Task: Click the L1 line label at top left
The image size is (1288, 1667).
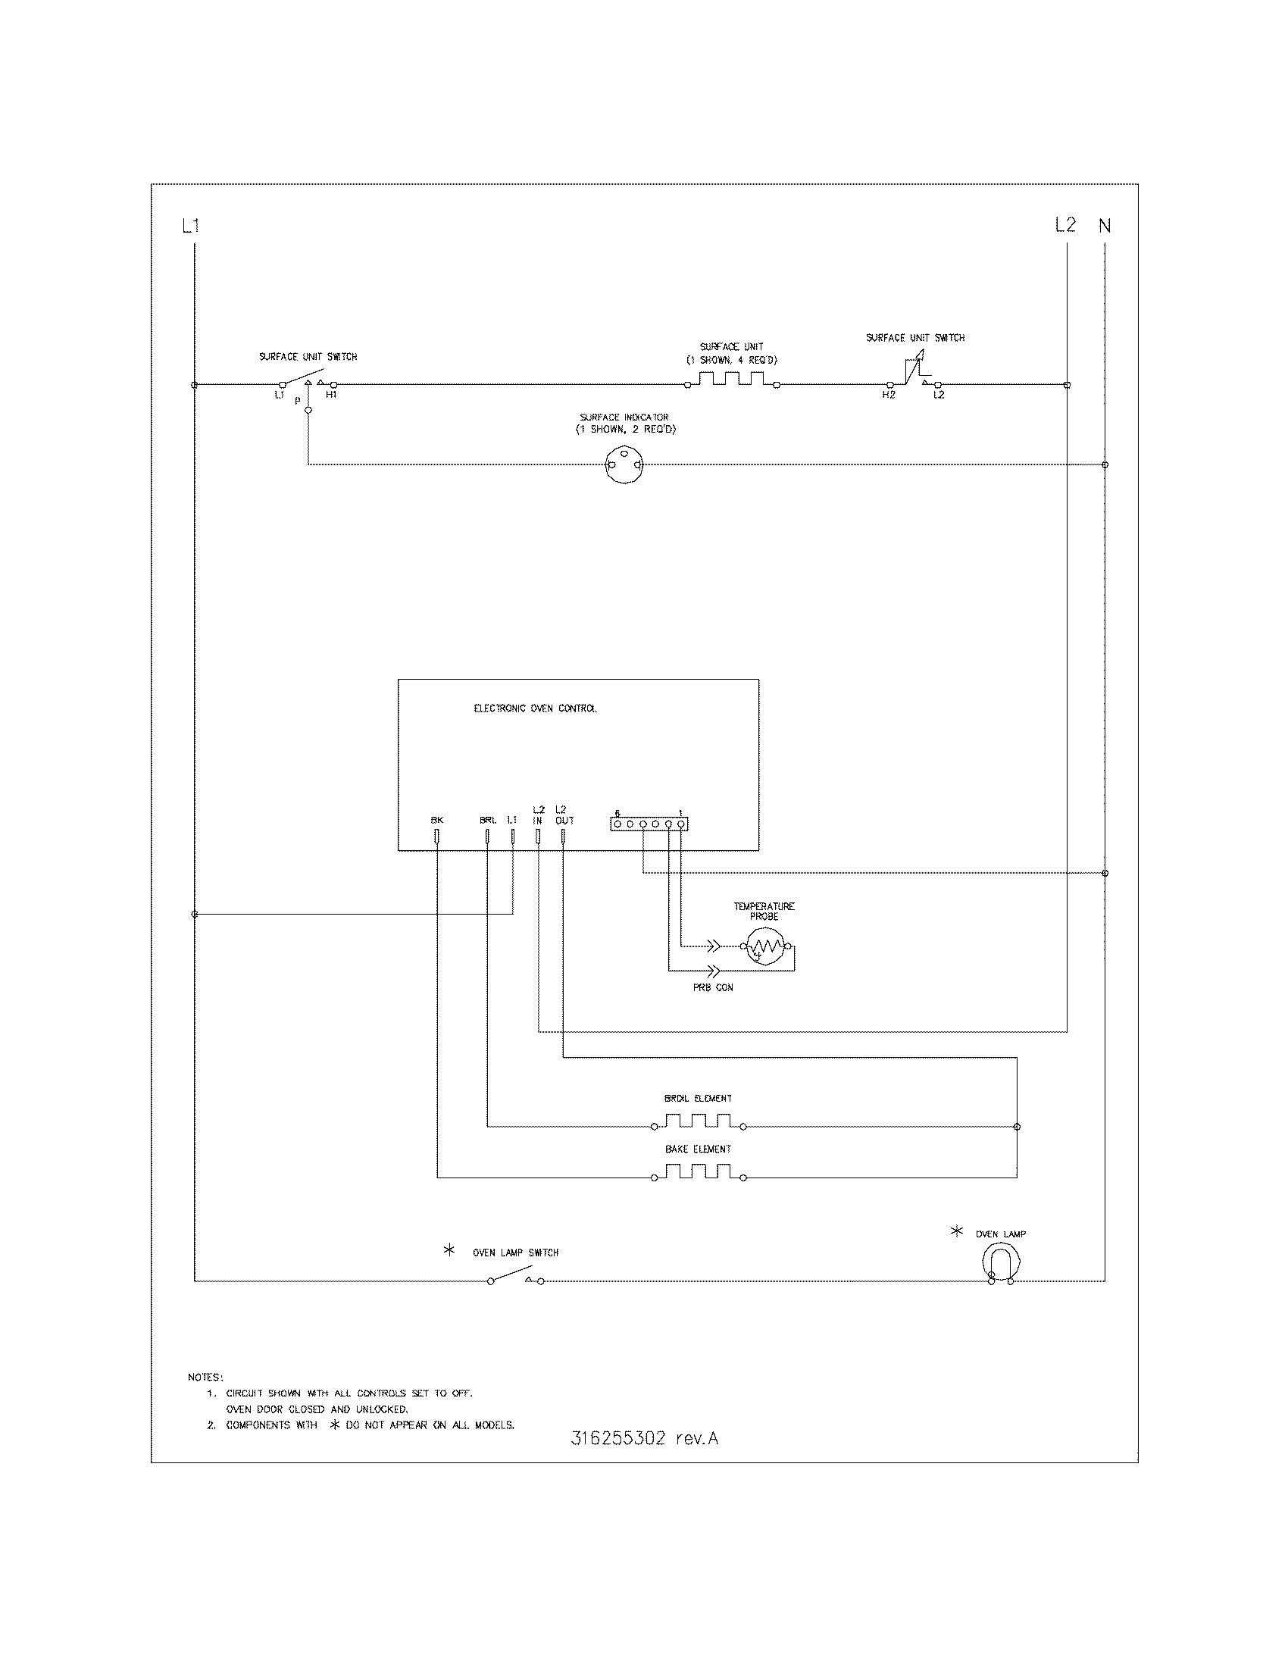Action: tap(190, 226)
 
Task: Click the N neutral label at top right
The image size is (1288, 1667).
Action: tap(1104, 226)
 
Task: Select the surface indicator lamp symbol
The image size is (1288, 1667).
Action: tap(624, 464)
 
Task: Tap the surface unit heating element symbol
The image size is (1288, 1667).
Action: tap(730, 380)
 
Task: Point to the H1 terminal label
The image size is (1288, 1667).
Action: tap(331, 395)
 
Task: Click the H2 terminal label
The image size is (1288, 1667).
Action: tap(888, 395)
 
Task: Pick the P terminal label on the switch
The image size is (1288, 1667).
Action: tap(298, 401)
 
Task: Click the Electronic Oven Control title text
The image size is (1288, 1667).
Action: tap(536, 708)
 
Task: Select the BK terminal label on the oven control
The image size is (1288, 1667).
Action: tap(436, 820)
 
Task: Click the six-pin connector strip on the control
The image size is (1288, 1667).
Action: tap(649, 824)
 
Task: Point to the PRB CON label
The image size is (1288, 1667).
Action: tap(713, 987)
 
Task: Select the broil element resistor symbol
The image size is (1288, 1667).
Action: tap(699, 1121)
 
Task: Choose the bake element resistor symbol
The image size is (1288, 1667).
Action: tap(699, 1171)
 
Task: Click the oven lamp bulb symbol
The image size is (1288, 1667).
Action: tap(1000, 1262)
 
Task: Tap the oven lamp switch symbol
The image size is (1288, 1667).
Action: tap(516, 1276)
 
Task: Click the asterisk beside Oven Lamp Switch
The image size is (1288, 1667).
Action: tap(449, 1251)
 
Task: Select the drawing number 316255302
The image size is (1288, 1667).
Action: tap(618, 1439)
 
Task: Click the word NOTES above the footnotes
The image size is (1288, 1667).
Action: tap(205, 1378)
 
